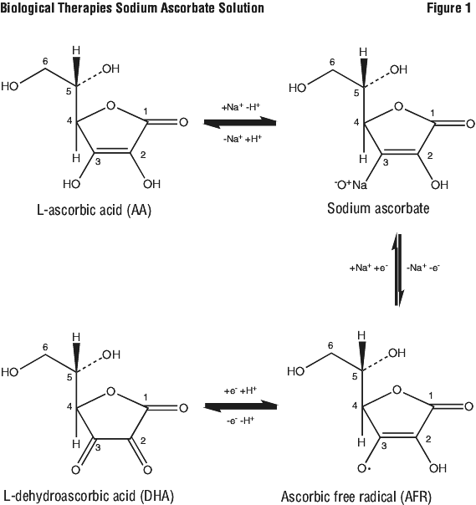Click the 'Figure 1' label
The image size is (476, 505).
(x=448, y=8)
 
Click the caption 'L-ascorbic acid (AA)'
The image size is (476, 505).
(x=94, y=211)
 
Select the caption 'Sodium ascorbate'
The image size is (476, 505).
(x=378, y=208)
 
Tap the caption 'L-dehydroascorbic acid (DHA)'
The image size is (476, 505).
(x=89, y=496)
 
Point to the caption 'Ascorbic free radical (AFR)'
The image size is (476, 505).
(x=356, y=497)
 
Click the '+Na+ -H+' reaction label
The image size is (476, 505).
(x=241, y=107)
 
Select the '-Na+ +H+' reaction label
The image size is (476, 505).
(x=243, y=139)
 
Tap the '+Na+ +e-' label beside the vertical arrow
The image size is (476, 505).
(x=369, y=268)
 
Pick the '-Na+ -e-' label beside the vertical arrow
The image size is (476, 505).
(x=422, y=267)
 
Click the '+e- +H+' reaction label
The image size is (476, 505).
(x=240, y=390)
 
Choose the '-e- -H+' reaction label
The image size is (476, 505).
(x=240, y=421)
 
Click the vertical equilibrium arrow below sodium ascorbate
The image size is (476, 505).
(x=398, y=270)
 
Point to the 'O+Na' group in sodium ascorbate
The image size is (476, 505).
(x=351, y=185)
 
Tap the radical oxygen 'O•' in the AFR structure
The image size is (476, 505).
(x=364, y=468)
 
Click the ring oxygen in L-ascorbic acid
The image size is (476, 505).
(x=110, y=105)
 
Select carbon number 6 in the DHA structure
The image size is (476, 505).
(x=45, y=347)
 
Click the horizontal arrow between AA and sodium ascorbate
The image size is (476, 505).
(x=240, y=122)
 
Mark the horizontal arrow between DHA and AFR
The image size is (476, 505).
(x=240, y=406)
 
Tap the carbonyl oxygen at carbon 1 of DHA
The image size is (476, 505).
(x=183, y=408)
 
